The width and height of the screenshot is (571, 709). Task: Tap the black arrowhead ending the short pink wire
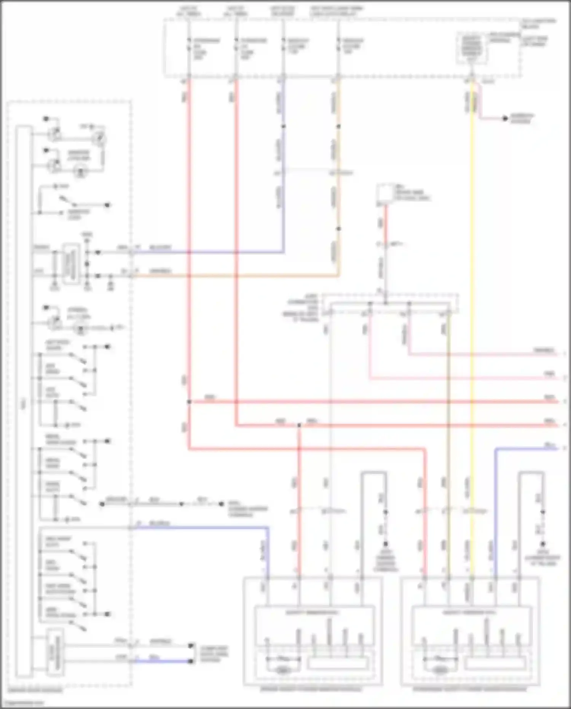click(x=505, y=119)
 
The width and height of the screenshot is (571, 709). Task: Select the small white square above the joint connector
click(x=385, y=192)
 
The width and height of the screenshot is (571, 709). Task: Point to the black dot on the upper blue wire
click(x=283, y=126)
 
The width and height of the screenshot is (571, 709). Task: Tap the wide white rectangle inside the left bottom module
click(x=338, y=663)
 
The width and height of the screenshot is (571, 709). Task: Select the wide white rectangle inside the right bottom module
click(x=495, y=663)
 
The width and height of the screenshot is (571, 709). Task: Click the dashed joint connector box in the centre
click(x=390, y=303)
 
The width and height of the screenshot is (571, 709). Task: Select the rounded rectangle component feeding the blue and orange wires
click(x=72, y=263)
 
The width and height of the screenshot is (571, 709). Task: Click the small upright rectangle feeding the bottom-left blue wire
click(x=55, y=652)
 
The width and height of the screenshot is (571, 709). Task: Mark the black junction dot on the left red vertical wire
click(x=189, y=402)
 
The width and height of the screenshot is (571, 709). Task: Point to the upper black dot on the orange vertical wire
click(x=338, y=126)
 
